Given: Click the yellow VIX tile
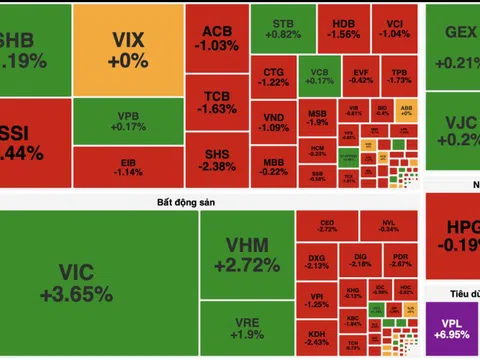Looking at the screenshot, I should pos(128,48).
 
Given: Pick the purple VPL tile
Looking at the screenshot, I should pos(452,329).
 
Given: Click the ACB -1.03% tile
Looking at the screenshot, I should pos(214,38).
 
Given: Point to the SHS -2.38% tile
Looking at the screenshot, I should pos(214,160).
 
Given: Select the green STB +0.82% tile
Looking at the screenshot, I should pos(278,27).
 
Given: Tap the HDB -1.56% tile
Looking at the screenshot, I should pos(345,27).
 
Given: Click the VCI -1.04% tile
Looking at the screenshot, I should pos(396,27).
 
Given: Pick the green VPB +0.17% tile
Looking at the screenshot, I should pos(128,121).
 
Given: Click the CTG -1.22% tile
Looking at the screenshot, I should pos(274,78).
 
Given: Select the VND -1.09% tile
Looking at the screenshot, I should pos(274,123).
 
